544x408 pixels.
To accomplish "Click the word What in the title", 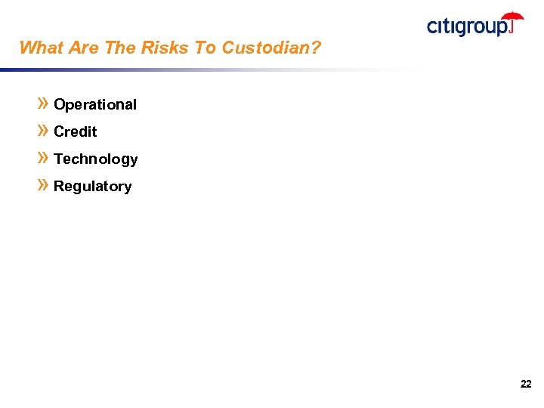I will pos(41,48).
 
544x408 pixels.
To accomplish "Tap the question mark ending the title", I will pos(316,48).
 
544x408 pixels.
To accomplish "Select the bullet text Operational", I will pos(95,105).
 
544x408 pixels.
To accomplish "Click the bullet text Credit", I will pos(76,132).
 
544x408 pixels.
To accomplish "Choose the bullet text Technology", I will pos(96,159).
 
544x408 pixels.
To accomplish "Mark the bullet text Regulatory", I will pos(92,187).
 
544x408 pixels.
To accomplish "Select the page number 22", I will pos(526,385).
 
